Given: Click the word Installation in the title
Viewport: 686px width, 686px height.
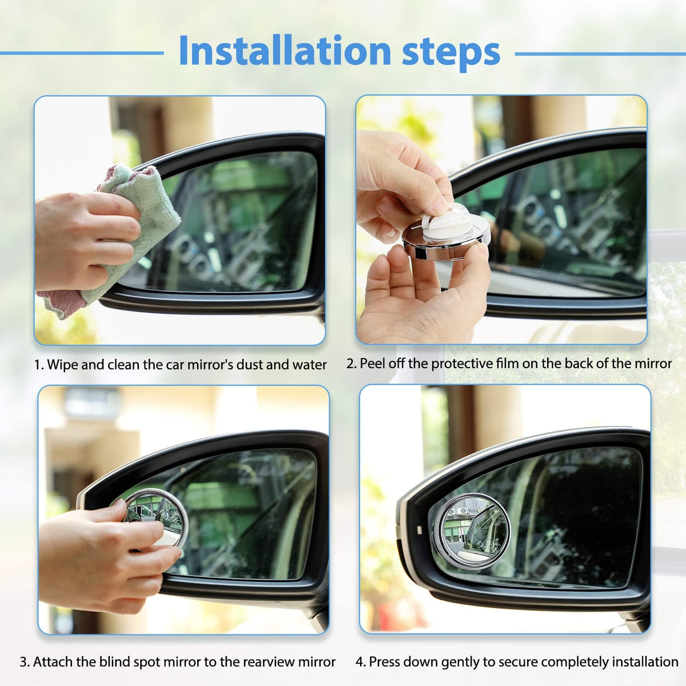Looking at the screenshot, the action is tap(285, 51).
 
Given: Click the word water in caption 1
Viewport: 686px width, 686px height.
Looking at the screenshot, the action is tap(309, 365).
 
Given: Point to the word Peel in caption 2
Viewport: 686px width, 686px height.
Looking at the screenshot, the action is tap(372, 364).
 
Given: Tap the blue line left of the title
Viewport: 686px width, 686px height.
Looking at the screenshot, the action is tap(82, 53).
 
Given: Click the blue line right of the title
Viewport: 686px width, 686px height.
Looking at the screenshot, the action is tap(600, 54).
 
